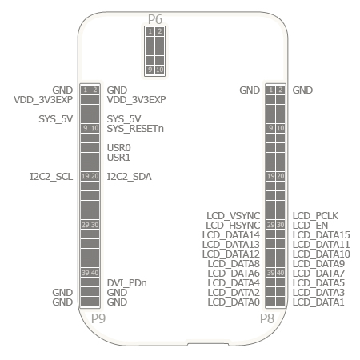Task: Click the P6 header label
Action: [155, 19]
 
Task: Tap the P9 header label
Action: [98, 318]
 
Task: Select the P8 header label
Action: [267, 318]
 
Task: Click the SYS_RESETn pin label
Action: [135, 129]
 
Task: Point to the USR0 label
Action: [118, 148]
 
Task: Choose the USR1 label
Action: [118, 158]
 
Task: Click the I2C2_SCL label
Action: [51, 177]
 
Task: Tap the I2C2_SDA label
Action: [129, 177]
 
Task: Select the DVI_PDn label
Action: [126, 282]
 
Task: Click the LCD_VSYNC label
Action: [234, 215]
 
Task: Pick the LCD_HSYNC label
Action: [233, 226]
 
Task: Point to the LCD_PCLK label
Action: [315, 215]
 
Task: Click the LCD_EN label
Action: [310, 226]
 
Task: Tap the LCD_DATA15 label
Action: [322, 235]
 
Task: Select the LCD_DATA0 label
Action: [234, 302]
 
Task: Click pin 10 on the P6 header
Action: [159, 70]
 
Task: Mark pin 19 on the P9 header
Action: [85, 176]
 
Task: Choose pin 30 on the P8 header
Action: [280, 225]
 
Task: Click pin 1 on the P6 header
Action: [150, 31]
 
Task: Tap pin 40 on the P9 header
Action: [94, 273]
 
